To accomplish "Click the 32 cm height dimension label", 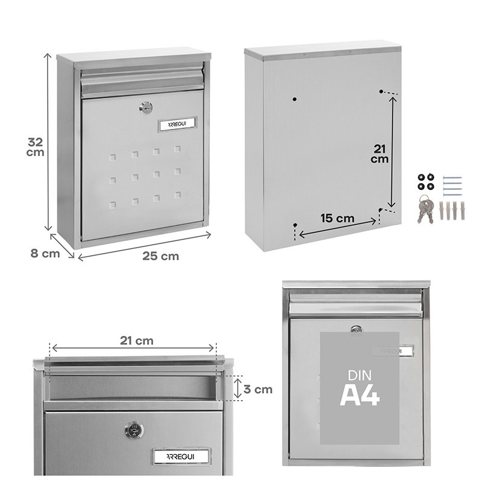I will pyautogui.click(x=36, y=147).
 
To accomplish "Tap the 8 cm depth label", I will pyautogui.click(x=45, y=253).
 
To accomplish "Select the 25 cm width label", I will pyautogui.click(x=160, y=255).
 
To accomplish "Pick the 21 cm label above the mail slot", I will pyautogui.click(x=136, y=340).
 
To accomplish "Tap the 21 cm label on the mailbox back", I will pyautogui.click(x=380, y=154).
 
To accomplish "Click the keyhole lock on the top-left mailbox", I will pyautogui.click(x=145, y=108).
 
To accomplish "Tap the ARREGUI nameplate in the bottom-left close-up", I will pyautogui.click(x=181, y=456).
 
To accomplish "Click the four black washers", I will pyautogui.click(x=425, y=182).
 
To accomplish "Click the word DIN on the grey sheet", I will pyautogui.click(x=360, y=375).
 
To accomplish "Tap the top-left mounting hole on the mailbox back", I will pyautogui.click(x=294, y=99).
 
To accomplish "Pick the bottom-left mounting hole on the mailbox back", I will pyautogui.click(x=295, y=225).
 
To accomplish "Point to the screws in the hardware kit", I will pyautogui.click(x=452, y=185).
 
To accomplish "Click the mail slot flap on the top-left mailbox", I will pyautogui.click(x=142, y=82).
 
